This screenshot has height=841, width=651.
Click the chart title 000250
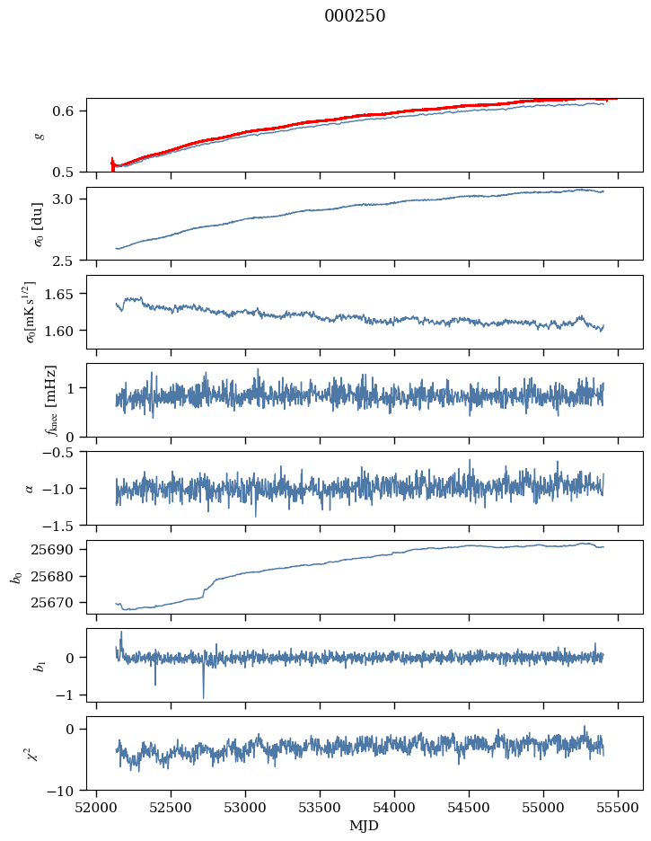click(x=355, y=16)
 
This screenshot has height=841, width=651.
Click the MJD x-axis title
click(x=365, y=826)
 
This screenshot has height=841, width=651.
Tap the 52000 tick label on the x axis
click(x=97, y=808)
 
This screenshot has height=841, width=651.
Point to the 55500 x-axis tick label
click(x=617, y=808)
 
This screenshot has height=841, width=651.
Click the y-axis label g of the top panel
click(x=38, y=135)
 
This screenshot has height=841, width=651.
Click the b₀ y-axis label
click(x=15, y=577)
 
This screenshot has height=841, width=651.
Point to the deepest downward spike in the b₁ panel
click(x=203, y=696)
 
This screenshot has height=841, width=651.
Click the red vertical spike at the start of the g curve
click(x=112, y=163)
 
